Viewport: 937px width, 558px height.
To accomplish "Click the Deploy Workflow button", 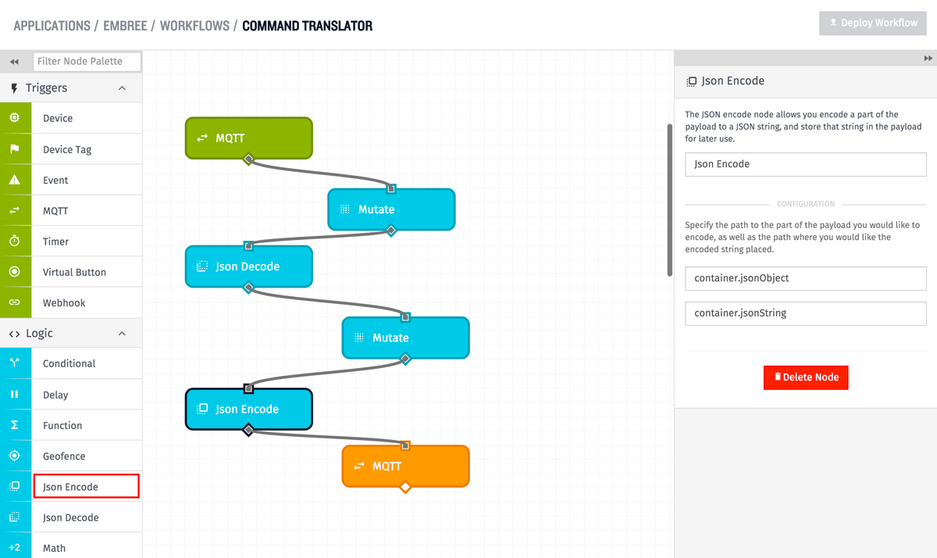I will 873,23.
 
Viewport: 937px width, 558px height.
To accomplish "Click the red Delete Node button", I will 806,377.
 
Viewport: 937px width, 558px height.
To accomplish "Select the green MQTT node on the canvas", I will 248,138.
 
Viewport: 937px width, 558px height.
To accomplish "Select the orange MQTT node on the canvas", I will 405,466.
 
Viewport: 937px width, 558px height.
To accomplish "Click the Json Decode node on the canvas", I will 248,266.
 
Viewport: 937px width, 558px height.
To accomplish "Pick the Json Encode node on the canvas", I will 248,409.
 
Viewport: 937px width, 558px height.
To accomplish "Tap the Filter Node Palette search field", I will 87,62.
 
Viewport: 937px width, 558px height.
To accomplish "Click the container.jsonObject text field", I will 805,278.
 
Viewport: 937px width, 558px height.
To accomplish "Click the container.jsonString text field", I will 805,313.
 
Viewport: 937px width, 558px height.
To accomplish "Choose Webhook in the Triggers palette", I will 64,302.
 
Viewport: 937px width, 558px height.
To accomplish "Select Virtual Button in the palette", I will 74,272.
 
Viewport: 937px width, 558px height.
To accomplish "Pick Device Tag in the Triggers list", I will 67,149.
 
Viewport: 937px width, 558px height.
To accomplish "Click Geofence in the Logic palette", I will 64,456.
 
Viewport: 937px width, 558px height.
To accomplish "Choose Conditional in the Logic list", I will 69,363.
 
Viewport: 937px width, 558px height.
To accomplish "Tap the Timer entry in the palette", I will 55,241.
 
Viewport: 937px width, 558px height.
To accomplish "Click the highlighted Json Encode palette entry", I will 86,486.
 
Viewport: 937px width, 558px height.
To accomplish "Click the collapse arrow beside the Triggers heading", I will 122,88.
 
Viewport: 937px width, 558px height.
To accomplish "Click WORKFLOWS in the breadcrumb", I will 194,26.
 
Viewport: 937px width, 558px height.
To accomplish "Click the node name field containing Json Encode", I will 805,164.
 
